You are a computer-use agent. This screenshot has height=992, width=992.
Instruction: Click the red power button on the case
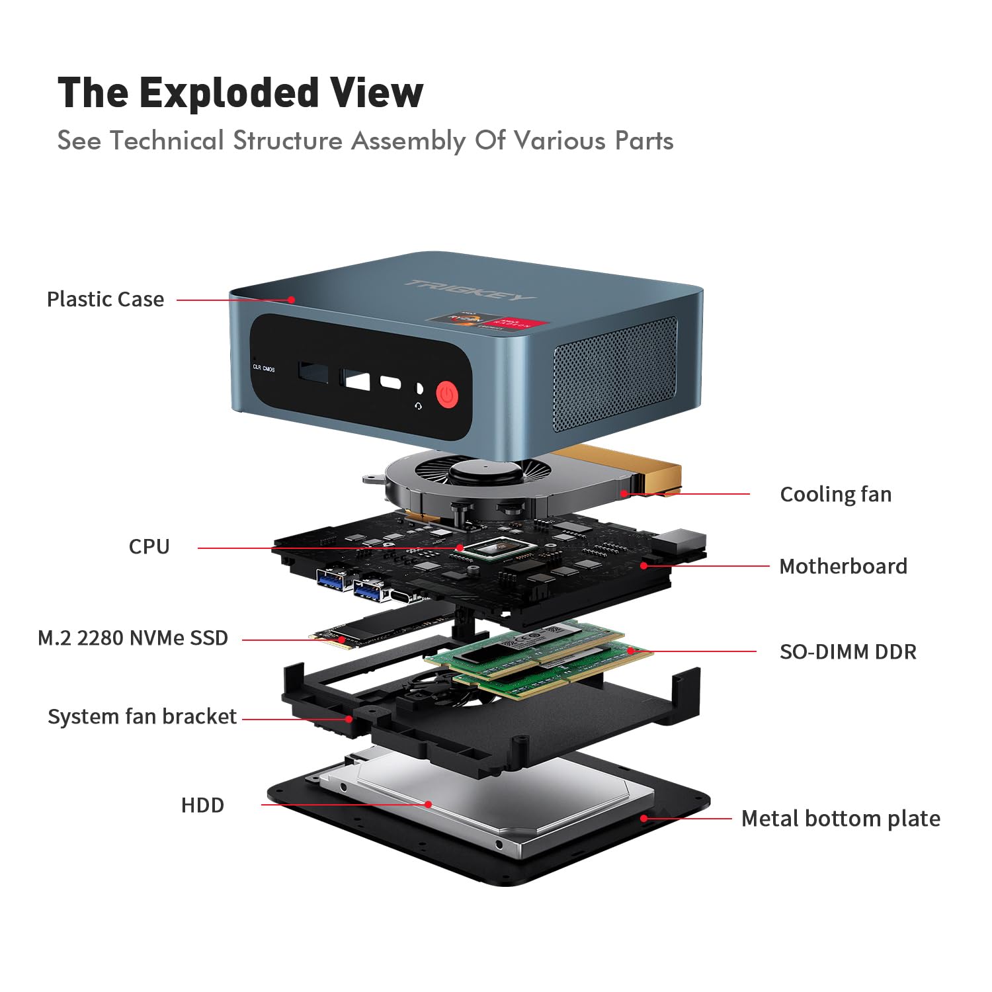point(448,395)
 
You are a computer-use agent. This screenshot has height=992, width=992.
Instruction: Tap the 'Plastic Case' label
point(105,299)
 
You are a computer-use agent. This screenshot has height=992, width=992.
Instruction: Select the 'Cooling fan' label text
point(835,494)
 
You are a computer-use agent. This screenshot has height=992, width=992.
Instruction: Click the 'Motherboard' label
point(843,566)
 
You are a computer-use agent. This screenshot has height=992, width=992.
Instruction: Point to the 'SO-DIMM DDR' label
point(848,651)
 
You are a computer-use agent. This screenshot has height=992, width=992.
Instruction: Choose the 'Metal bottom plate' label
point(841,819)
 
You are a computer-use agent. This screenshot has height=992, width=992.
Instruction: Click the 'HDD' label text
point(202,805)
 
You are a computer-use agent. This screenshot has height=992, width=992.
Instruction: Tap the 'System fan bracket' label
point(142,716)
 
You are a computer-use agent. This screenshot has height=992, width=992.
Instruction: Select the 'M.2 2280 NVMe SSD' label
point(133,638)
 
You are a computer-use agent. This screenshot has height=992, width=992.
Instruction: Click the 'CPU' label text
point(149,546)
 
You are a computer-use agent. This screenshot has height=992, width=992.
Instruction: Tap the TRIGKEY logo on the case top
point(469,289)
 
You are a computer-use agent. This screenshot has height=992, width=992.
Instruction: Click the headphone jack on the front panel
point(418,389)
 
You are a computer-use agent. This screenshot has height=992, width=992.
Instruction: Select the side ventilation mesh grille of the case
point(614,374)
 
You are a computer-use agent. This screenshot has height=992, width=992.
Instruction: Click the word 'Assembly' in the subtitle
point(408,141)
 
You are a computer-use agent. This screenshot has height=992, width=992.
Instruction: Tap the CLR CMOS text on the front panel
point(264,368)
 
